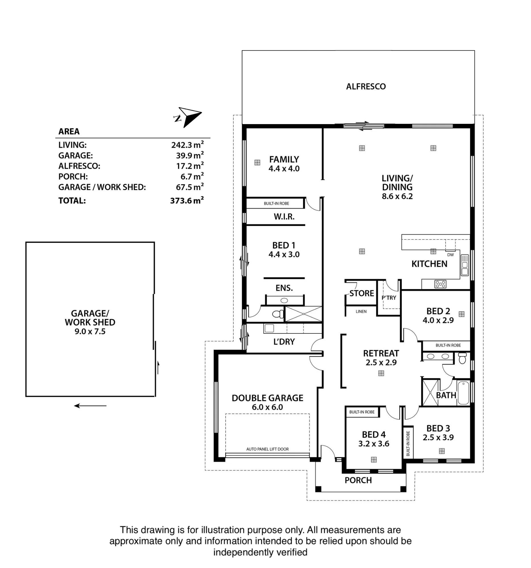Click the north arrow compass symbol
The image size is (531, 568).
point(188,117)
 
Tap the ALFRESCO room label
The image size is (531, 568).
point(366,87)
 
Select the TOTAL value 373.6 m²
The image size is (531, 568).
point(187,200)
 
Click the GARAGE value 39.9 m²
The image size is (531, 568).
point(190,155)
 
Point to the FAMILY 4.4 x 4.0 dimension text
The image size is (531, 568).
point(284,169)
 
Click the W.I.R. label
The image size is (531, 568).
point(284,217)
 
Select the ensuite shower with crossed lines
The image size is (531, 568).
point(303,314)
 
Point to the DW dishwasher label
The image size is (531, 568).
point(450,255)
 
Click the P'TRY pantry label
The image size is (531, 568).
point(389,298)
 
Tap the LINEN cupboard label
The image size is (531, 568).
point(361,312)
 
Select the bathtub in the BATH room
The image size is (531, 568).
point(463,392)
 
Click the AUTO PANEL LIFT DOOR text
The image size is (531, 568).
point(268,449)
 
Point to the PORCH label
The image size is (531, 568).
point(358,480)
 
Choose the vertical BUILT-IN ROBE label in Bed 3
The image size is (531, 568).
point(408,443)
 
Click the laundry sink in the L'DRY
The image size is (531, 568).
point(269,328)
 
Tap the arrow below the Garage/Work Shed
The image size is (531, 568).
point(90,406)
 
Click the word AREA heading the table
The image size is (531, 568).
point(69,131)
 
